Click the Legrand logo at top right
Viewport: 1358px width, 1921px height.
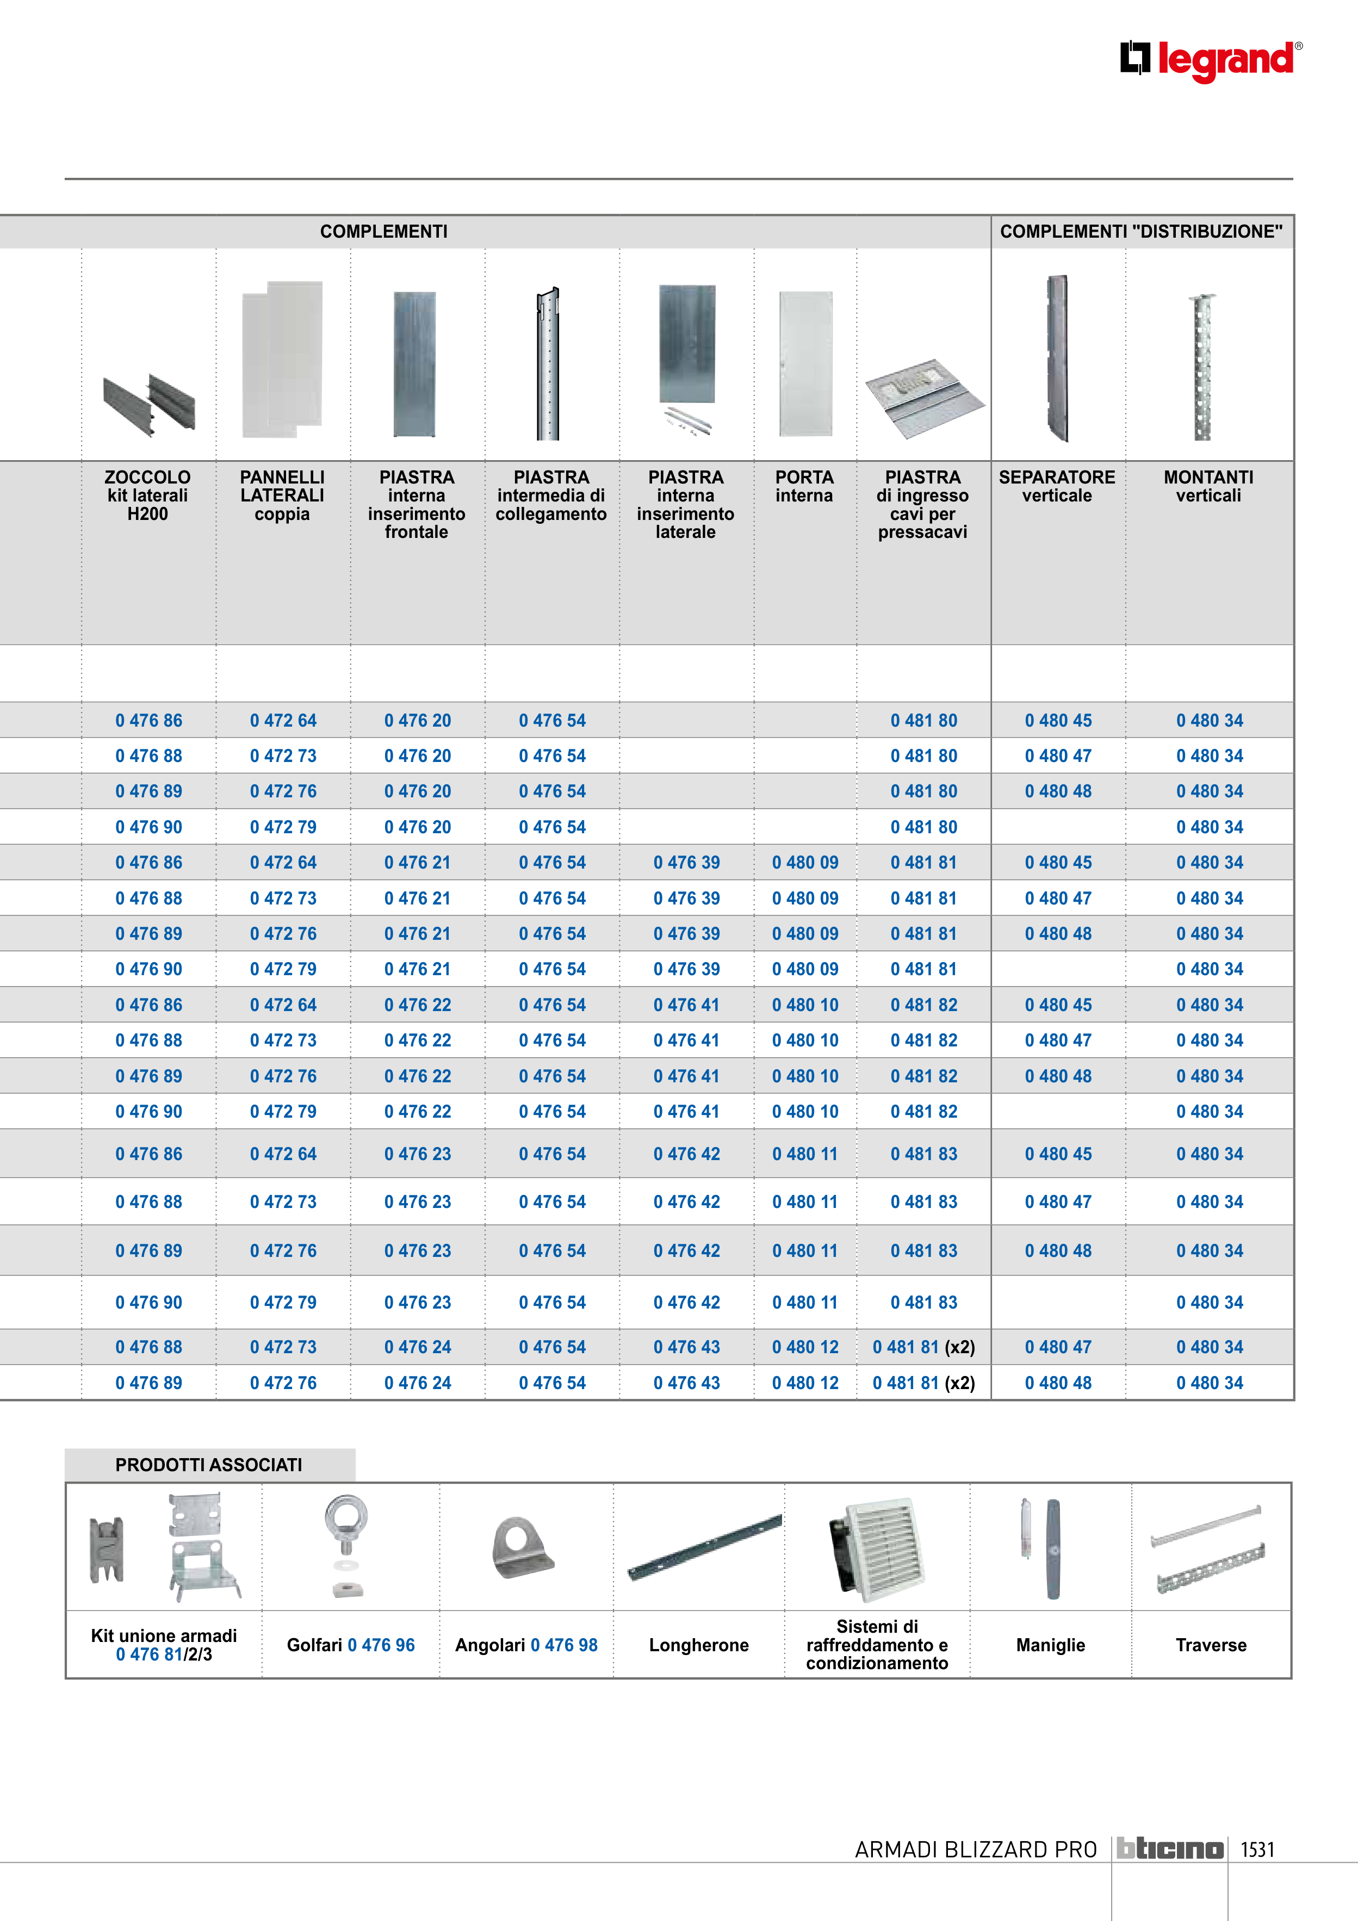pyautogui.click(x=1210, y=61)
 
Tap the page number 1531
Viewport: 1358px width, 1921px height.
pyautogui.click(x=1257, y=1849)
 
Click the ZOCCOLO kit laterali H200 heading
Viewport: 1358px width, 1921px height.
pyautogui.click(x=147, y=495)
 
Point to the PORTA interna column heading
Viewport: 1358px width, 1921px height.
pyautogui.click(x=804, y=486)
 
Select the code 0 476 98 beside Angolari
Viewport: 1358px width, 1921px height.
pyautogui.click(x=564, y=1645)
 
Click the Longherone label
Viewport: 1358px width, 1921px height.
pyautogui.click(x=699, y=1645)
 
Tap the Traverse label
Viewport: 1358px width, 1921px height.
pyautogui.click(x=1211, y=1645)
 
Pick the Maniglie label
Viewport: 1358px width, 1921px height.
pyautogui.click(x=1050, y=1645)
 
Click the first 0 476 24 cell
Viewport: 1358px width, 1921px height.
pyautogui.click(x=418, y=1347)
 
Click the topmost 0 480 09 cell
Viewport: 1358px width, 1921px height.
pyautogui.click(x=805, y=863)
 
